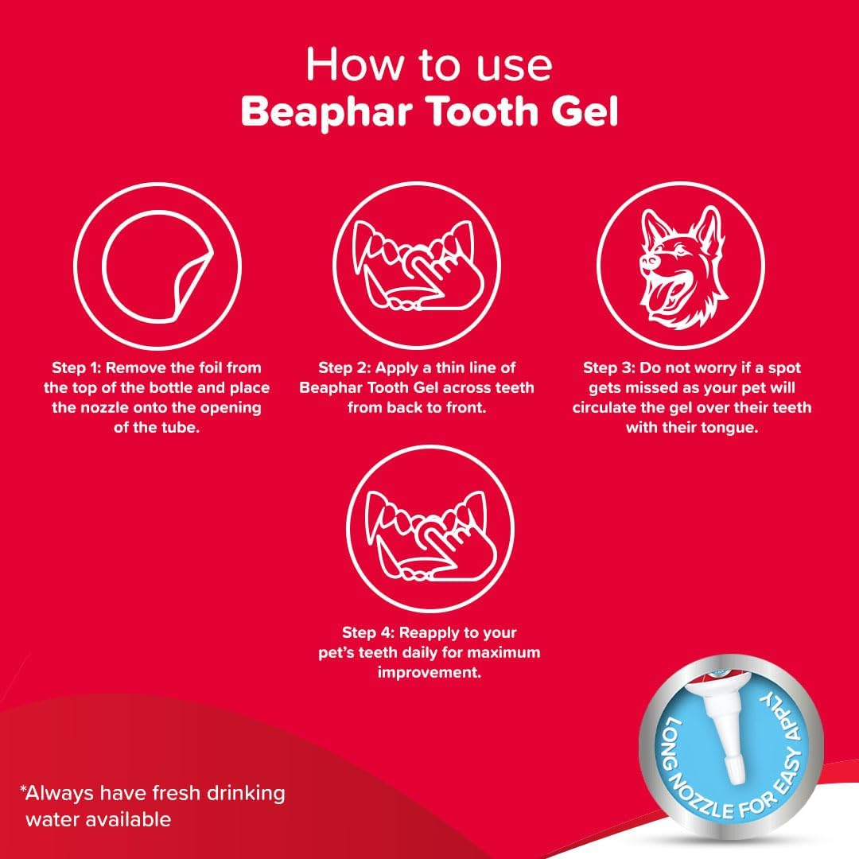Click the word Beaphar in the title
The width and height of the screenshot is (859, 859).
(327, 112)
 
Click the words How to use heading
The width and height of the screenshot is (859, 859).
(429, 64)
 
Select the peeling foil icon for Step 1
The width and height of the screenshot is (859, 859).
(157, 266)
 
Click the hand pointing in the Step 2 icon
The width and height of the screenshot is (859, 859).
(438, 274)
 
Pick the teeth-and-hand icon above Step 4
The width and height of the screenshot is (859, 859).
(430, 529)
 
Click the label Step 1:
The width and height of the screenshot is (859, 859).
(76, 367)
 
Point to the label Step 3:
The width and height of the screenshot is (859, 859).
(608, 367)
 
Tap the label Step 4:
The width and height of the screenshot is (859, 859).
(368, 633)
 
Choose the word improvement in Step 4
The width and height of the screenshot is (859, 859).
(429, 673)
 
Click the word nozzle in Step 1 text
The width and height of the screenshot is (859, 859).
(96, 408)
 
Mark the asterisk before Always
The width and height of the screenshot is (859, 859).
(23, 790)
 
